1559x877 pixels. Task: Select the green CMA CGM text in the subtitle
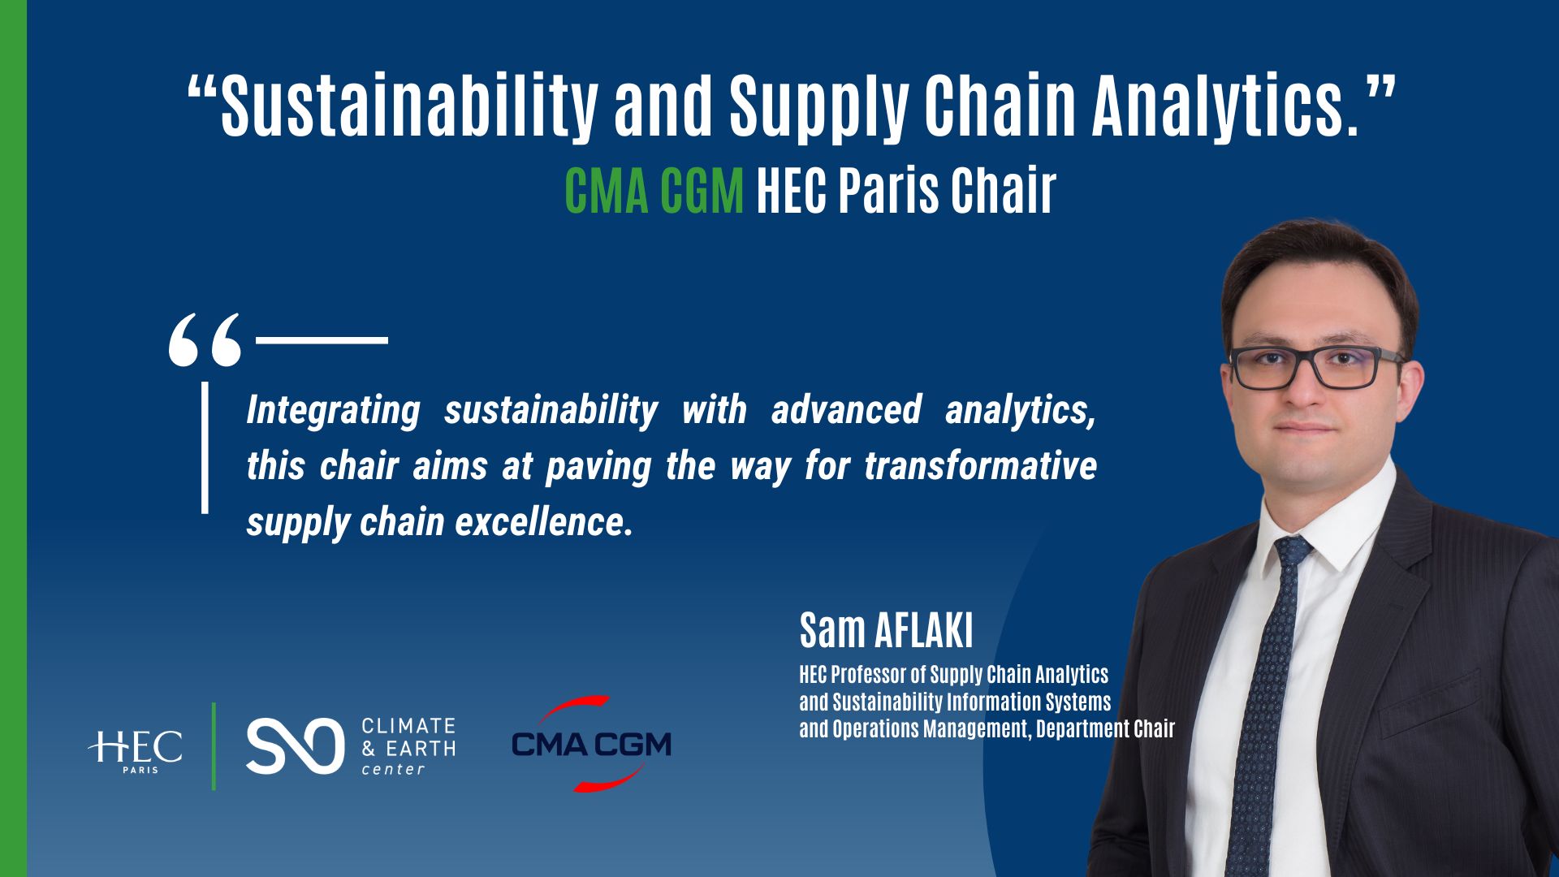[654, 192]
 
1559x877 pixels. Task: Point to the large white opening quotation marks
[205, 339]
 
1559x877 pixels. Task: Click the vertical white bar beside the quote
[205, 447]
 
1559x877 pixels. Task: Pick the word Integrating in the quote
[333, 410]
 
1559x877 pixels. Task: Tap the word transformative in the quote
[980, 466]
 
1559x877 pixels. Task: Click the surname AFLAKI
[923, 630]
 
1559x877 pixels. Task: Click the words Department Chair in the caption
[1105, 728]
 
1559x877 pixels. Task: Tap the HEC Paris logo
[136, 750]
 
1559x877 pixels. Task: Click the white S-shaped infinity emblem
[294, 745]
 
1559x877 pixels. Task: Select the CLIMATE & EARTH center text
[408, 746]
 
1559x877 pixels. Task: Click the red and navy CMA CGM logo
[591, 744]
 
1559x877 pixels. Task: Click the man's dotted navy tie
[1259, 715]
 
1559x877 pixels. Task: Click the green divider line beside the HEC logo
[214, 745]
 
